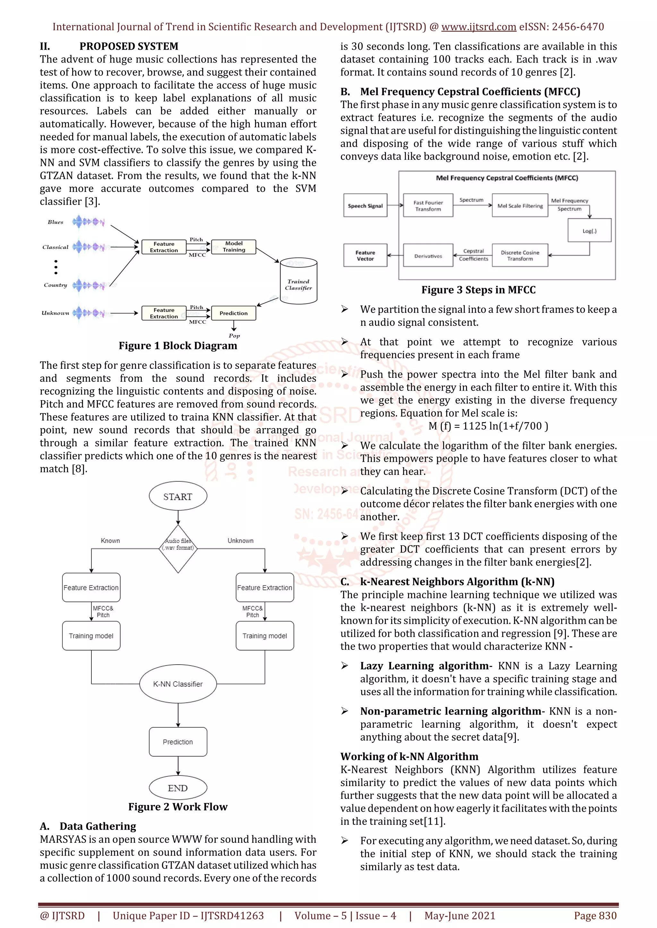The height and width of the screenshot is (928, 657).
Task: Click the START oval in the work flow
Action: (x=178, y=496)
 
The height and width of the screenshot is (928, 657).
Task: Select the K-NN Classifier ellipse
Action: (x=178, y=684)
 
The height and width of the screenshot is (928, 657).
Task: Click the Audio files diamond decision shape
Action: (x=178, y=549)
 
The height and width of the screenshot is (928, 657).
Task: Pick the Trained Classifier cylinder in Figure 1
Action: (x=299, y=282)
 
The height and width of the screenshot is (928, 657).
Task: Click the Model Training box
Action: (x=234, y=246)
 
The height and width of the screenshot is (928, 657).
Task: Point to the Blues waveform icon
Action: (x=88, y=221)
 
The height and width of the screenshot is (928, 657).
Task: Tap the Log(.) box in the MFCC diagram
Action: (x=589, y=231)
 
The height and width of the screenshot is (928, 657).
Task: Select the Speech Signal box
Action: (x=365, y=206)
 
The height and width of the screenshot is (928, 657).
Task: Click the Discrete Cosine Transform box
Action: (x=520, y=255)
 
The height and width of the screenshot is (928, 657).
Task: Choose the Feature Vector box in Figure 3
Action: (x=365, y=255)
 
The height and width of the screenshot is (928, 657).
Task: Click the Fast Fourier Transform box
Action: (x=428, y=206)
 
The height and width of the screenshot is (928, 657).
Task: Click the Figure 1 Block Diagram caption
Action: (x=178, y=345)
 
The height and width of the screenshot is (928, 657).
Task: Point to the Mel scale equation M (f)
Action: (x=488, y=426)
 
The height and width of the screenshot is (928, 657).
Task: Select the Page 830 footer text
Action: (x=595, y=916)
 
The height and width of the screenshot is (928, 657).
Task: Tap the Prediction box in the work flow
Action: (x=178, y=742)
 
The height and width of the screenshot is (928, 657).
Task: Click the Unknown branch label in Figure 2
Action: (x=240, y=541)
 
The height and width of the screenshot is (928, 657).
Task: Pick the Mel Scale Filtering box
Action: (x=520, y=206)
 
